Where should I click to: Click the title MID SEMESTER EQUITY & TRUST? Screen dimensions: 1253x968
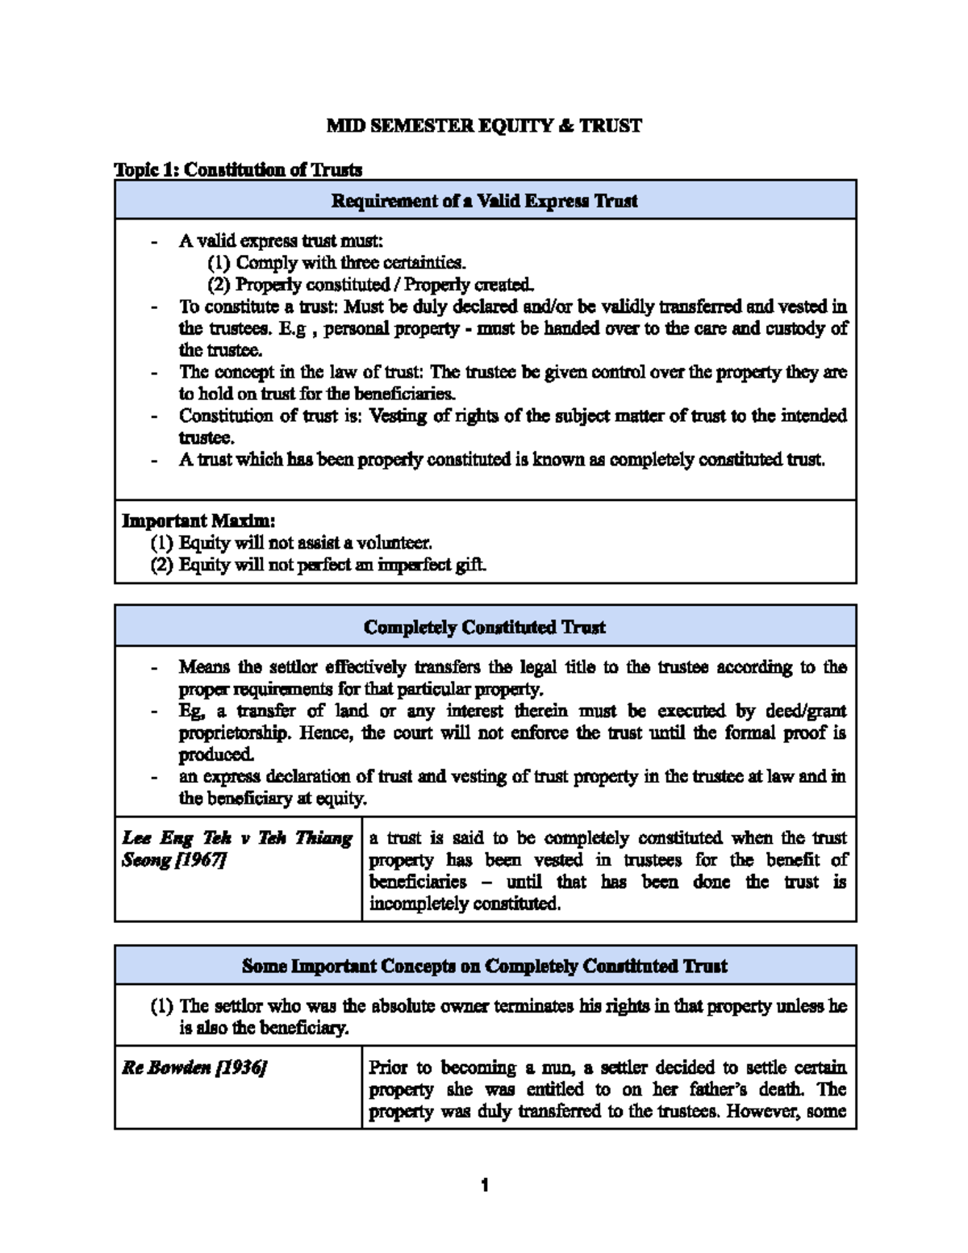click(x=484, y=126)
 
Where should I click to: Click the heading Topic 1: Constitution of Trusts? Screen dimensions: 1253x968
click(x=238, y=169)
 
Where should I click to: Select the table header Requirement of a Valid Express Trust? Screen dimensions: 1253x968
click(x=484, y=201)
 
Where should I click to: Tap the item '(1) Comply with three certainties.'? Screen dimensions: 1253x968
click(x=336, y=262)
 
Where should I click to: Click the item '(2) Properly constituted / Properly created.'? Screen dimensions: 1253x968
click(x=370, y=284)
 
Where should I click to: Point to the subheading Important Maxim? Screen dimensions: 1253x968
click(x=198, y=520)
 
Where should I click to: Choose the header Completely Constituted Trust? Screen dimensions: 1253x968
click(x=484, y=627)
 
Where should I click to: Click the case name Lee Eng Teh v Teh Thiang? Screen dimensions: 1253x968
click(x=237, y=837)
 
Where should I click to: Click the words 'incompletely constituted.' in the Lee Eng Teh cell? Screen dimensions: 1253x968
click(x=465, y=904)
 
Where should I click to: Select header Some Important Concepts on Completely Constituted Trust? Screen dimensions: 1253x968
click(x=484, y=966)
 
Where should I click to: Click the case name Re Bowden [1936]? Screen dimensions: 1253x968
click(x=194, y=1067)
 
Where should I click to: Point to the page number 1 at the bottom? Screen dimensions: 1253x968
click(x=484, y=1185)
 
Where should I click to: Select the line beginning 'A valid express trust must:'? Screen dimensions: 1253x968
click(x=281, y=240)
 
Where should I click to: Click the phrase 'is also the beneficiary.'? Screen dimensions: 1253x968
click(x=264, y=1028)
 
